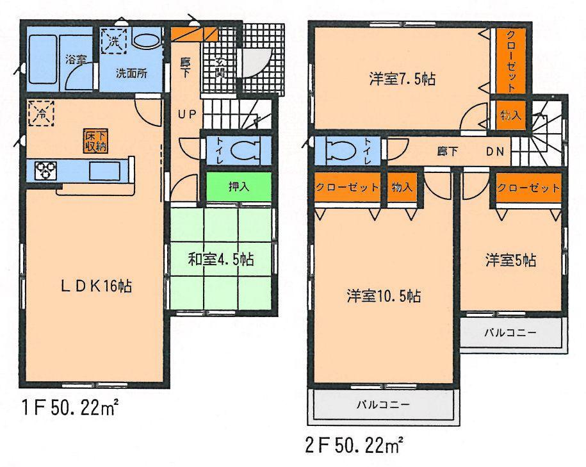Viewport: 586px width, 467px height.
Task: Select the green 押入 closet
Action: [x=238, y=187]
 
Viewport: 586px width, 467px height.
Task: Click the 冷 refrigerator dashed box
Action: [x=40, y=114]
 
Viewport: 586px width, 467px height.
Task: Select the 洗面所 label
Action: [x=131, y=72]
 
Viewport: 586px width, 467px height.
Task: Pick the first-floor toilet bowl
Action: [x=243, y=151]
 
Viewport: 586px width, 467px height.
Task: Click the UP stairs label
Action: [x=187, y=115]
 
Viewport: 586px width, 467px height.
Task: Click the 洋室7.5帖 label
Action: [x=402, y=79]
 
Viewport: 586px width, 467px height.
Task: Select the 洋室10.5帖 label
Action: [x=384, y=296]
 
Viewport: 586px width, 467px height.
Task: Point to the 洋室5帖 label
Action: [x=510, y=261]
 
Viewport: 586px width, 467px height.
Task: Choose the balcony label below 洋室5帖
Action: [x=510, y=332]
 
